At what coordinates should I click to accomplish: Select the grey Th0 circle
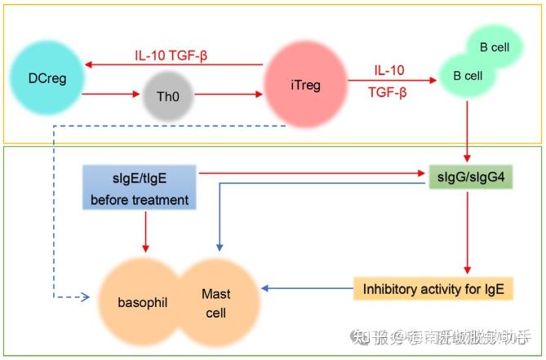tap(171, 95)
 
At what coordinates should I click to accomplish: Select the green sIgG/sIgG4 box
tap(470, 174)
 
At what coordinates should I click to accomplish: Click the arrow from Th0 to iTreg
tap(229, 94)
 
